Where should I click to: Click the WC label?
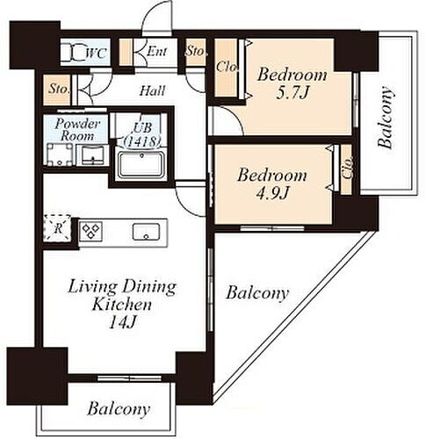point(96,54)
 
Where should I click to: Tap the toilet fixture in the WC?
point(72,53)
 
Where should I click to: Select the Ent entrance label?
point(156,52)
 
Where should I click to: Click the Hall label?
point(152,90)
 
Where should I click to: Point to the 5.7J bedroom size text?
point(292,93)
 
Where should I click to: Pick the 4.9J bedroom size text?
point(272,193)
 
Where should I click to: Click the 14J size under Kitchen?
point(122,323)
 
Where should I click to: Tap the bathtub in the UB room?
point(141,164)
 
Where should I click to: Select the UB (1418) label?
point(142,135)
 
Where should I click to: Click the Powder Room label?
point(77,130)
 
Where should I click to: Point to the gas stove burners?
point(90,231)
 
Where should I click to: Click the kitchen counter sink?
point(146,232)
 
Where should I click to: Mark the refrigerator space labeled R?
point(57,228)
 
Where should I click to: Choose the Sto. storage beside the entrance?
point(196,52)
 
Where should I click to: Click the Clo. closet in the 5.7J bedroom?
point(226,67)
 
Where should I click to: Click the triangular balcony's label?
point(257,293)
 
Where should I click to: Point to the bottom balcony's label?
point(119,409)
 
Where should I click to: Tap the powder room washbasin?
point(92,155)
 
